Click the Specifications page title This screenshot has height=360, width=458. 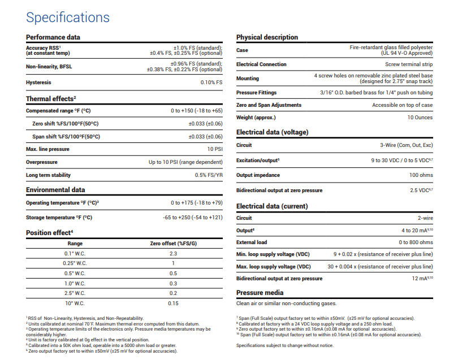68,17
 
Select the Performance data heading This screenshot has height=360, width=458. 53,37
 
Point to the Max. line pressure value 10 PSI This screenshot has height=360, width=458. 214,149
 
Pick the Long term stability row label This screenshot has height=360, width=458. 49,175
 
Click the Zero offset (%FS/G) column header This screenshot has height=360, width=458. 173,244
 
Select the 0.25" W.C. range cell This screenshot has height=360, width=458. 75,263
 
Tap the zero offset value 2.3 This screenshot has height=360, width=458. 173,253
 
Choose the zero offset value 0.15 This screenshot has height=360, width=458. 173,303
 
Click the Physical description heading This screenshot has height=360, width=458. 267,37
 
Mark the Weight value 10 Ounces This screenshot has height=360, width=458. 420,118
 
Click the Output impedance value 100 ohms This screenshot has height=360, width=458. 421,175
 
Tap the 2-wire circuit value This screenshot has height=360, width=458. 425,218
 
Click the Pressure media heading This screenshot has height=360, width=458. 260,293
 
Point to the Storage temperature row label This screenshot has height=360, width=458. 59,217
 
